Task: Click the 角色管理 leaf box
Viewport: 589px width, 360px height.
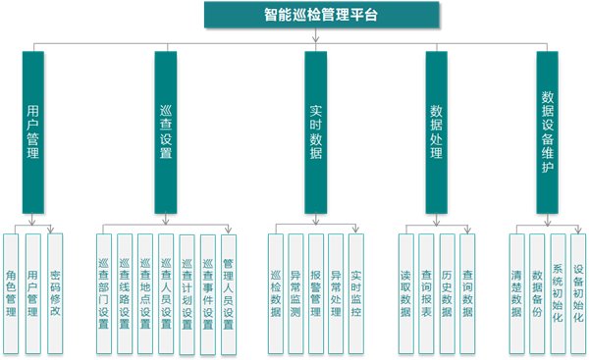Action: pyautogui.click(x=12, y=292)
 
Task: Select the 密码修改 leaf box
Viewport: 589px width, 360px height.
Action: pyautogui.click(x=55, y=292)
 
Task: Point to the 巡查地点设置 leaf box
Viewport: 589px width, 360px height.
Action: pyautogui.click(x=145, y=292)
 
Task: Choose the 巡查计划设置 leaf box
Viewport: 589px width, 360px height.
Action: pyautogui.click(x=187, y=292)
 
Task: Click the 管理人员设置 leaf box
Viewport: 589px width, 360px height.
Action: pyautogui.click(x=228, y=292)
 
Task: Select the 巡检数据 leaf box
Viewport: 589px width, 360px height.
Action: pyautogui.click(x=275, y=292)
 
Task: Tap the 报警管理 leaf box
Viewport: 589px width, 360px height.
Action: pyautogui.click(x=315, y=292)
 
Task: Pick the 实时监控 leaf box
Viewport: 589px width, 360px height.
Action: pyautogui.click(x=355, y=292)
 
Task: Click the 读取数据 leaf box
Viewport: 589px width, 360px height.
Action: pyautogui.click(x=405, y=292)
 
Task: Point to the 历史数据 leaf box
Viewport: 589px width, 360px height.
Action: pyautogui.click(x=447, y=292)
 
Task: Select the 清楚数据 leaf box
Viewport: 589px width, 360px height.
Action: pyautogui.click(x=516, y=292)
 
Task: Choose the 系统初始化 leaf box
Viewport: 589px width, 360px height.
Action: pyautogui.click(x=558, y=292)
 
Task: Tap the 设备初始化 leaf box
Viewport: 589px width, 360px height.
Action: pyautogui.click(x=578, y=292)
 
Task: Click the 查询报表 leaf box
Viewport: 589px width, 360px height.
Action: pyautogui.click(x=426, y=292)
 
